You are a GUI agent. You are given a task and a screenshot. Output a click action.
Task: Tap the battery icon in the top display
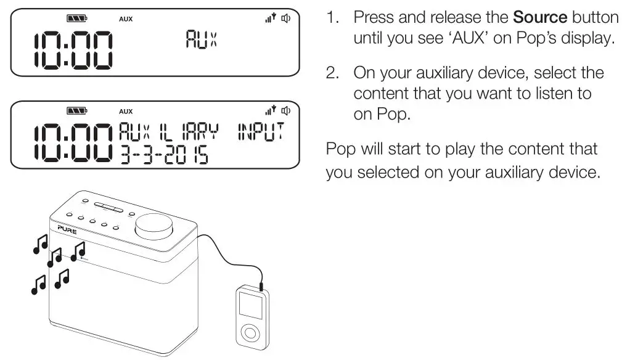[76, 18]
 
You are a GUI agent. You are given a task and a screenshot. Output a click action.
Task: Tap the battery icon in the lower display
[76, 112]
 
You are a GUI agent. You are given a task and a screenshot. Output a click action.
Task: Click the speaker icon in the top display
[285, 18]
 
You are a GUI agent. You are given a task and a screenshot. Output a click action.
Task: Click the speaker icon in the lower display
[285, 111]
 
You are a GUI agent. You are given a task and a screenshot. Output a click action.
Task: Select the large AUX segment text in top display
[202, 41]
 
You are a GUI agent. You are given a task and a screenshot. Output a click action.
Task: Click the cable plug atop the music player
[262, 284]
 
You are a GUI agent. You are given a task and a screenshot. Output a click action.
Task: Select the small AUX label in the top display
[126, 18]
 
